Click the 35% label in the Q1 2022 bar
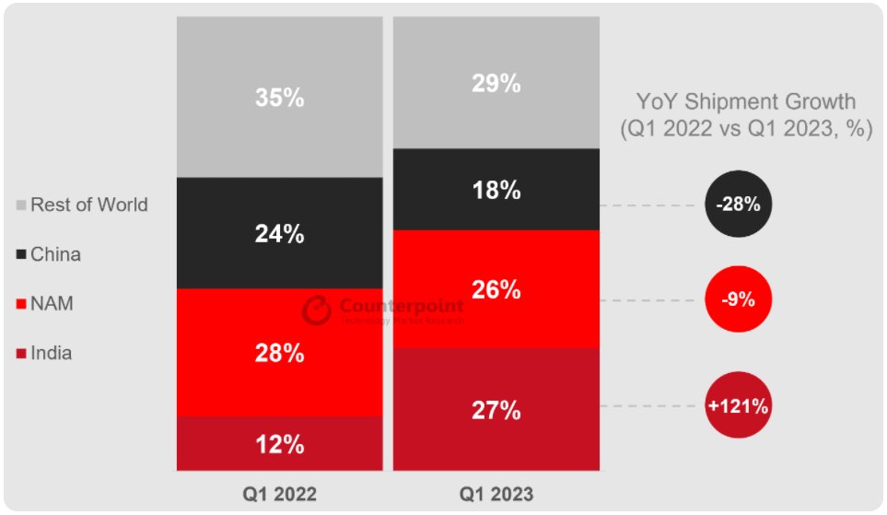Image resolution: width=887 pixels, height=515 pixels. click(x=279, y=98)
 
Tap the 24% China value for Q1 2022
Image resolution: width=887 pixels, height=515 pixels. click(x=279, y=234)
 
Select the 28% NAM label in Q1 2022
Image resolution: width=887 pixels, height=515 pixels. click(x=279, y=354)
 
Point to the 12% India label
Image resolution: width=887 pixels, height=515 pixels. click(x=279, y=444)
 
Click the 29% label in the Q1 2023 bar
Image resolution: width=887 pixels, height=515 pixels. click(x=496, y=83)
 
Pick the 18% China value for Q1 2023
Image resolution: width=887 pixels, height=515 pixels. click(x=496, y=191)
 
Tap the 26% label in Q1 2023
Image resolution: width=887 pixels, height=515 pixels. click(x=496, y=289)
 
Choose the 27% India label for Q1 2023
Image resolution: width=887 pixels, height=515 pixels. click(x=496, y=409)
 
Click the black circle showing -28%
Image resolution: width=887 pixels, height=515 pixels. click(x=738, y=205)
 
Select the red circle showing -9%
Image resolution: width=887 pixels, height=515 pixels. click(x=738, y=300)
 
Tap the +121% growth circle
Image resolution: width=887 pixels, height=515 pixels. click(x=738, y=404)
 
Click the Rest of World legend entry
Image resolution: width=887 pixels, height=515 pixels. click(x=88, y=205)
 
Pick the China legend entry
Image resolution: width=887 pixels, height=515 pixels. click(x=55, y=254)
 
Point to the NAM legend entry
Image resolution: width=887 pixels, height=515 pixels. click(x=52, y=304)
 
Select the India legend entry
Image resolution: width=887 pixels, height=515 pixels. click(x=51, y=353)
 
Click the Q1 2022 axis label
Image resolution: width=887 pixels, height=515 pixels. click(x=279, y=495)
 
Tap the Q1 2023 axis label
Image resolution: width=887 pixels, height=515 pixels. click(x=496, y=495)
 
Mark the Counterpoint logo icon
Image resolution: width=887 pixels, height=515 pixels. click(x=316, y=310)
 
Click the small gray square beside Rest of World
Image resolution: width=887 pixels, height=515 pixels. click(x=22, y=205)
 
